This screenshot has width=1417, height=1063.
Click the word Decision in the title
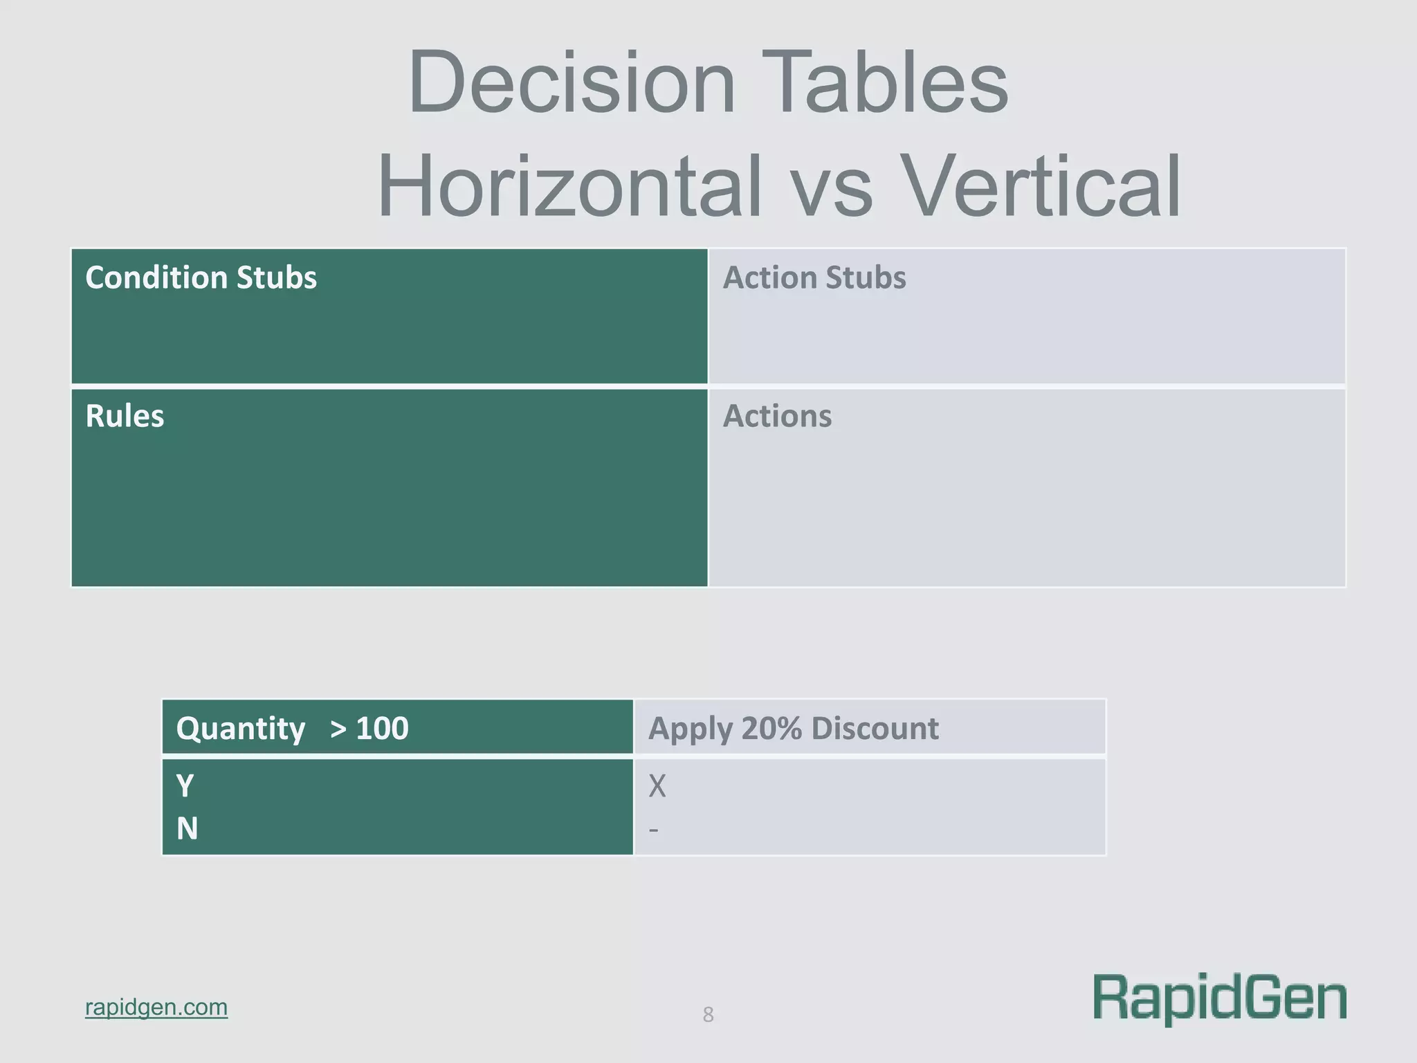(572, 83)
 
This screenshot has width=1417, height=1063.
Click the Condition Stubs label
(201, 278)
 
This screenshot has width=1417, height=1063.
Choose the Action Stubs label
(814, 278)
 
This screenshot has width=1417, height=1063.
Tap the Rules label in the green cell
(125, 416)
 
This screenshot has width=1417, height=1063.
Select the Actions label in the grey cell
(777, 416)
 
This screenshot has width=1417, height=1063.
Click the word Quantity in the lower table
(240, 729)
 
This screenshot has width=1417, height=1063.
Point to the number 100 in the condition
(382, 729)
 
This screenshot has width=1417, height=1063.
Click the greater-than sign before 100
(338, 729)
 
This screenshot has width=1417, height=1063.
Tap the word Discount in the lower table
(875, 729)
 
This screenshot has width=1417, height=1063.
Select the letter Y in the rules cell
(185, 786)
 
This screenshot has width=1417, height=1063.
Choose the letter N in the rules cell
(187, 828)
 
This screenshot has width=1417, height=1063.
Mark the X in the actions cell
(657, 786)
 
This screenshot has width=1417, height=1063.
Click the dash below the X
(653, 829)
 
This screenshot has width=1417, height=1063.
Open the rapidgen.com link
(156, 1007)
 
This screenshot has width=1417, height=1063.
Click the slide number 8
(708, 1015)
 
